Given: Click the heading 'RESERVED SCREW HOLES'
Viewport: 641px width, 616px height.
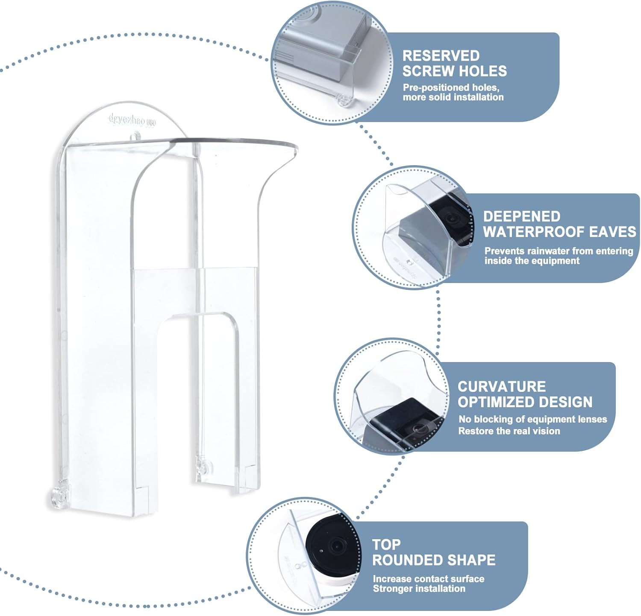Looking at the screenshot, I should click(x=454, y=63).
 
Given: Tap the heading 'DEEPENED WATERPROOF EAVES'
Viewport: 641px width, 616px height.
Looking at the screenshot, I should click(x=559, y=224).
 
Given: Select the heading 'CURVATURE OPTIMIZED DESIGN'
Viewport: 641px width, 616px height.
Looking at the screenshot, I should click(x=525, y=394).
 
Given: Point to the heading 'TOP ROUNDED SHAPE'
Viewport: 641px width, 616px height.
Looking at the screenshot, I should click(x=433, y=552).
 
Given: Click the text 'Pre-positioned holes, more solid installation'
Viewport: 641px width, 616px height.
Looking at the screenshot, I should click(x=453, y=92).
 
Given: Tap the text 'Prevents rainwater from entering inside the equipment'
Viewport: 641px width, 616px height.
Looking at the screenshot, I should click(x=559, y=256).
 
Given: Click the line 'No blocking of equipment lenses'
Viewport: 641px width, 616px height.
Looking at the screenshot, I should click(x=532, y=419).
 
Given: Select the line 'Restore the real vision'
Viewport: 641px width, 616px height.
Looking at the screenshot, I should click(x=509, y=431).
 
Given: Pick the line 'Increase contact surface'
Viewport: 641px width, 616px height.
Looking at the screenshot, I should click(x=428, y=578).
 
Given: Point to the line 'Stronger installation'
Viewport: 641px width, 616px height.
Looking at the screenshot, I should click(x=419, y=589).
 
